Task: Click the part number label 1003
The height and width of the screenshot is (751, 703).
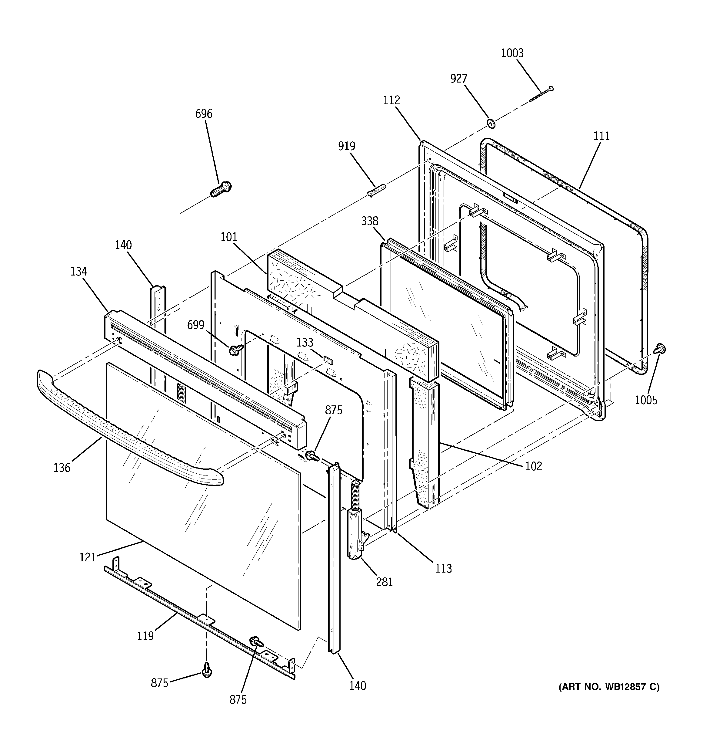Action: [512, 53]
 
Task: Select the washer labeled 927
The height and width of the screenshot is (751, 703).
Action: [491, 123]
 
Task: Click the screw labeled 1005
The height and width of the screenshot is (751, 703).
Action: [660, 349]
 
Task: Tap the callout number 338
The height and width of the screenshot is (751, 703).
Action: [369, 221]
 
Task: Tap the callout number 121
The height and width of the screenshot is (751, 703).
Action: [88, 557]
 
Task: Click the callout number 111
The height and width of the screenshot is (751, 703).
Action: [601, 136]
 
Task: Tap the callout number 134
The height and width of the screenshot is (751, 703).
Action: [78, 271]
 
